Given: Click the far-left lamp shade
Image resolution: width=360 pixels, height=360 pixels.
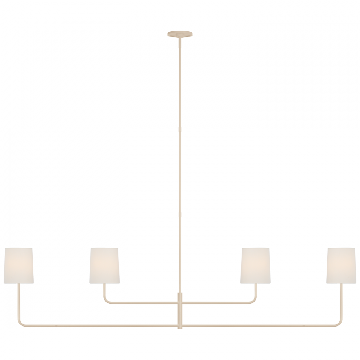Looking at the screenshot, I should tap(18, 265).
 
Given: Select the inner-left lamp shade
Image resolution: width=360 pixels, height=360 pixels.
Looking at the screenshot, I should tap(104, 265).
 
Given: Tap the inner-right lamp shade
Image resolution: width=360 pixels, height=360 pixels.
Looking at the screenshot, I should tap(256, 265).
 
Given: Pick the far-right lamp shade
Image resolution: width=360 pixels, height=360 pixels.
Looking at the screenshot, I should tap(342, 265).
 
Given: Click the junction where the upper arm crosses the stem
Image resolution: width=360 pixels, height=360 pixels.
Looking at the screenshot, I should tap(180, 302).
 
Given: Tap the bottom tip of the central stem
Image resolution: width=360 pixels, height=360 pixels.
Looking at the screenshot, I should tap(180, 326).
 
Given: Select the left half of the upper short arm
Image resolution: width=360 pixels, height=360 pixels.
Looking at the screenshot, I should tap(144, 302).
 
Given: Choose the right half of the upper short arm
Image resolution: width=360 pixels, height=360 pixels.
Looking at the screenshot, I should tap(216, 302).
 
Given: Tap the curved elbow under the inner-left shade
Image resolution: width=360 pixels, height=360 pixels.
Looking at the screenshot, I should tap(106, 301).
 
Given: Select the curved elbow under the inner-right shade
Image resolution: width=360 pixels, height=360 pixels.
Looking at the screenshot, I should tap(254, 301).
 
